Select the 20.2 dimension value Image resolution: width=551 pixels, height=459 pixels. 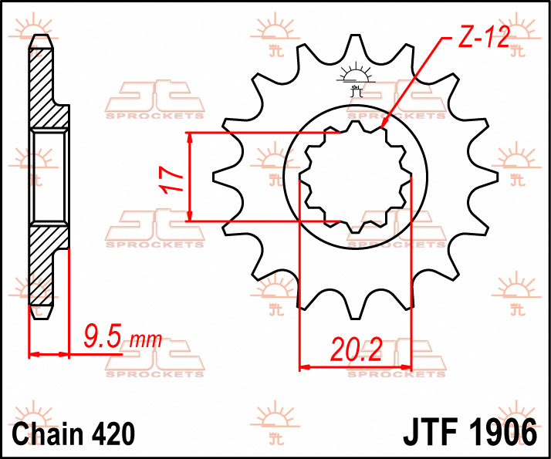tap(356, 349)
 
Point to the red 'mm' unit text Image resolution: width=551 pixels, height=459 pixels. tap(146, 340)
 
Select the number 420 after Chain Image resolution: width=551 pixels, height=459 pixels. tap(113, 434)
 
